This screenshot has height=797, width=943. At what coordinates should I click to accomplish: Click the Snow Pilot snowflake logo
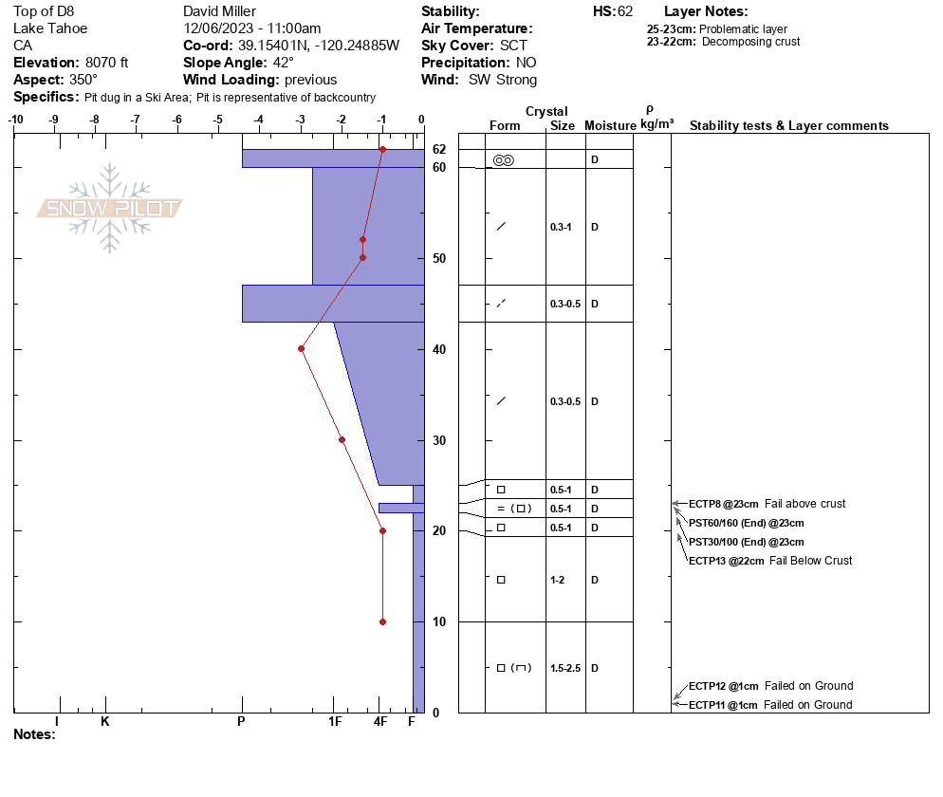pyautogui.click(x=109, y=208)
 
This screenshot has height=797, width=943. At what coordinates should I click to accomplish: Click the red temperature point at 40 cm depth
pyautogui.click(x=302, y=349)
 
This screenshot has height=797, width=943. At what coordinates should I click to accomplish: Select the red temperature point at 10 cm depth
pyautogui.click(x=382, y=622)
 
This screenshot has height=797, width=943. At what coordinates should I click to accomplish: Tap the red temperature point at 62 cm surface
pyautogui.click(x=382, y=149)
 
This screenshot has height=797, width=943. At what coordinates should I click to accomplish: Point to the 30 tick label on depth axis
pyautogui.click(x=439, y=440)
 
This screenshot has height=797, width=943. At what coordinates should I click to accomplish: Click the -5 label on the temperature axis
pyautogui.click(x=217, y=120)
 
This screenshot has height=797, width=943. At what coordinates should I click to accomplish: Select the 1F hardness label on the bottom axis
pyautogui.click(x=335, y=721)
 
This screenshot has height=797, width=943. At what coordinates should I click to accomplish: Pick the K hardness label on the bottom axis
pyautogui.click(x=105, y=721)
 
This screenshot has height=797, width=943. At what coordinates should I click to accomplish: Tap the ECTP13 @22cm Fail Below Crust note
pyautogui.click(x=770, y=561)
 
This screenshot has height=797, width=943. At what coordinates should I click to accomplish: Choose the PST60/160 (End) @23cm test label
pyautogui.click(x=747, y=524)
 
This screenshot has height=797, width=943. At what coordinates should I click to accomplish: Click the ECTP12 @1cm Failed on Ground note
pyautogui.click(x=771, y=686)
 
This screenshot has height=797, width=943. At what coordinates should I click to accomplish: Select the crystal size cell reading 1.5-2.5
pyautogui.click(x=565, y=668)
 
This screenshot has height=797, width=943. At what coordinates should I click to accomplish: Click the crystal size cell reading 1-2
pyautogui.click(x=558, y=580)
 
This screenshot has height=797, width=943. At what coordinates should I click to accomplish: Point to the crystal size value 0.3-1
pyautogui.click(x=561, y=227)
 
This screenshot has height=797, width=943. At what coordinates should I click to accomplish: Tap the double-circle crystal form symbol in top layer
pyautogui.click(x=504, y=160)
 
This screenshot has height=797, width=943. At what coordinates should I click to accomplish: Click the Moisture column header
pyautogui.click(x=610, y=125)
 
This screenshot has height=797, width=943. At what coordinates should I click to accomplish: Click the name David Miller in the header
pyautogui.click(x=219, y=11)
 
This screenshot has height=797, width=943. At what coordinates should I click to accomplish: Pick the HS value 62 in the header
pyautogui.click(x=625, y=11)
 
